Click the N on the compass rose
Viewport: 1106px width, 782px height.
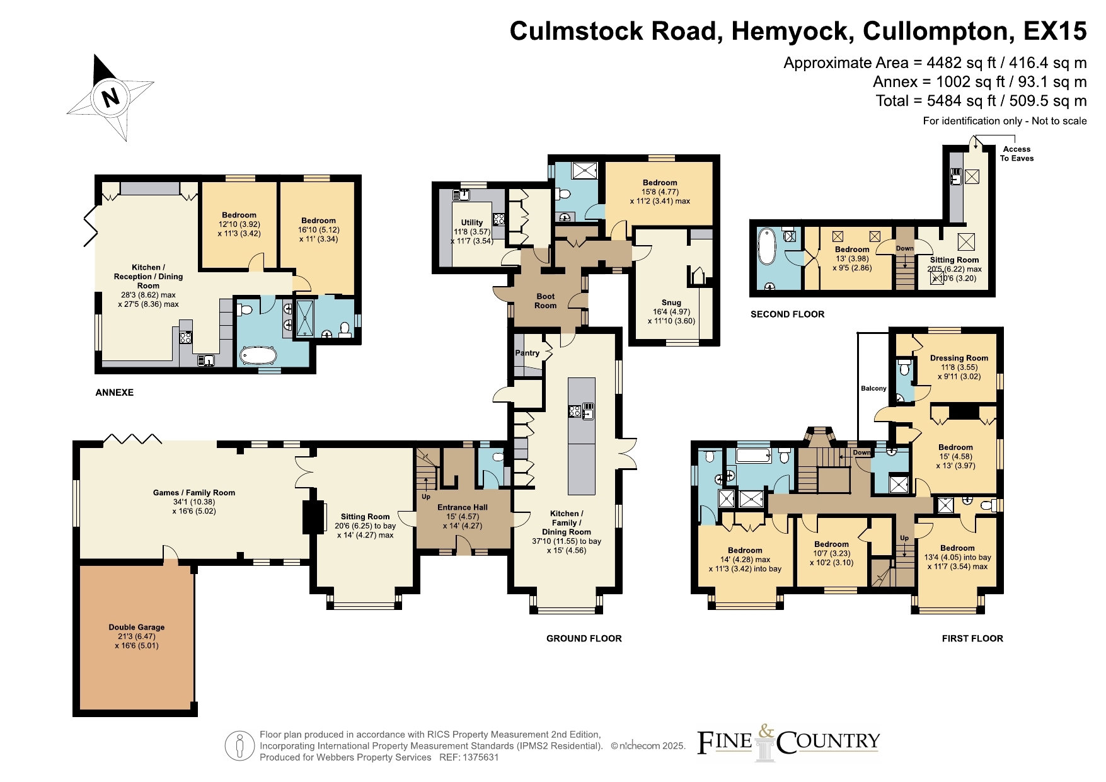(x=111, y=97)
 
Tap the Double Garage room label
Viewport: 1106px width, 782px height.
(x=137, y=627)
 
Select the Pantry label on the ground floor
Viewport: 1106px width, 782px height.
(x=527, y=353)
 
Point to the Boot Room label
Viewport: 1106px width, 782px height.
(x=546, y=301)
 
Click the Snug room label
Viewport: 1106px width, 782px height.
(x=671, y=302)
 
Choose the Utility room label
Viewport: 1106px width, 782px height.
(x=472, y=222)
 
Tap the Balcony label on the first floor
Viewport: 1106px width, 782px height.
(x=873, y=388)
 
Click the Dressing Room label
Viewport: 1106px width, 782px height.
(x=959, y=358)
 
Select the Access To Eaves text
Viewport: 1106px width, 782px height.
(x=1017, y=154)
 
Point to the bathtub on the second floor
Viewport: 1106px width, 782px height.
(x=767, y=246)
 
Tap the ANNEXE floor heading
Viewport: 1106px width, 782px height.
(x=115, y=393)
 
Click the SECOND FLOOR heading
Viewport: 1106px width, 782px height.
(x=787, y=314)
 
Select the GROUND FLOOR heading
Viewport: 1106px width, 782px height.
(x=584, y=638)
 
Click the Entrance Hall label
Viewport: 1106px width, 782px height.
(x=463, y=507)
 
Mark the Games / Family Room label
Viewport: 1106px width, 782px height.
(x=194, y=493)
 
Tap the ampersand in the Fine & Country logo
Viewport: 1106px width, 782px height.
(x=766, y=732)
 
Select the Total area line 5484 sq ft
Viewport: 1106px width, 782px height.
(x=981, y=101)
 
